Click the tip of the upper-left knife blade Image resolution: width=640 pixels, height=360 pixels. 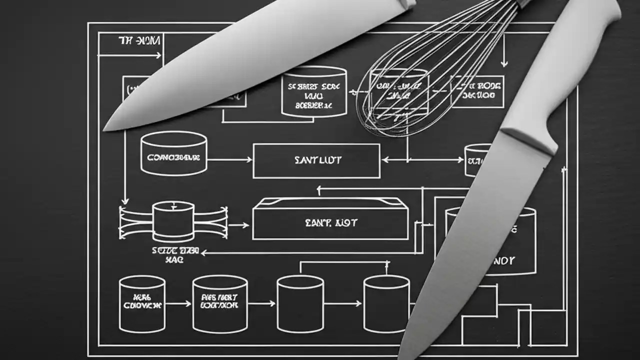click(106, 128)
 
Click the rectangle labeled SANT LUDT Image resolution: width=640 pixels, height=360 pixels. click(316, 160)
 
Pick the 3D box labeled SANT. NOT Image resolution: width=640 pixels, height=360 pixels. click(330, 220)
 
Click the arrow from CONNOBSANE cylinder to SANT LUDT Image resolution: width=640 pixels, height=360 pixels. click(229, 160)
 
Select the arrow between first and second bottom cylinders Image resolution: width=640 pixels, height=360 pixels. click(178, 303)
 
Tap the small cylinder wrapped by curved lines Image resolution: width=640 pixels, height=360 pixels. click(173, 220)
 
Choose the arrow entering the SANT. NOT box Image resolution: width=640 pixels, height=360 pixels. click(238, 225)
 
